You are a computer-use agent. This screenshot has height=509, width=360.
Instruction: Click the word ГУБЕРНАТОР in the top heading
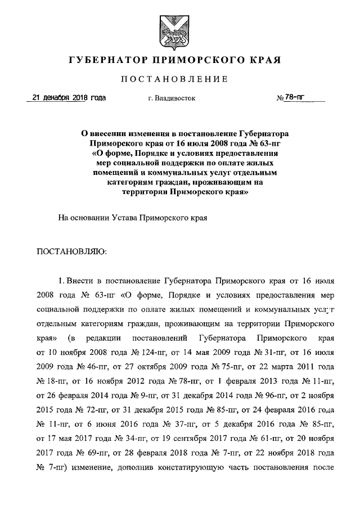(x=110, y=59)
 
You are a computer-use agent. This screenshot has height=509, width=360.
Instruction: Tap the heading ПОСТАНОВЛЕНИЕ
(x=180, y=79)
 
